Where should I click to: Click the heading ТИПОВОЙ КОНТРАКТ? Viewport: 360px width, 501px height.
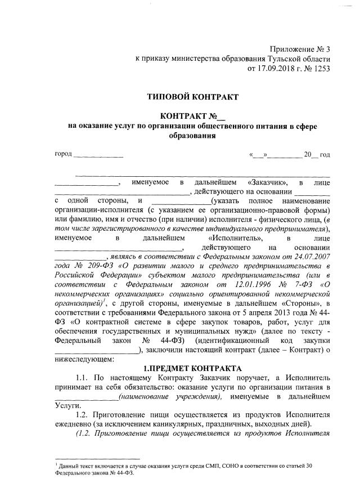[x=192, y=97]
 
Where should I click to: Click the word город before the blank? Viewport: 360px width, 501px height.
[x=64, y=154]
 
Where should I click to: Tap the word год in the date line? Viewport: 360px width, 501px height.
[x=325, y=154]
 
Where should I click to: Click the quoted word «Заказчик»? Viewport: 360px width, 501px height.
[x=268, y=182]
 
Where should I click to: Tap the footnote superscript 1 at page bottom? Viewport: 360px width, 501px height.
[x=56, y=464]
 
